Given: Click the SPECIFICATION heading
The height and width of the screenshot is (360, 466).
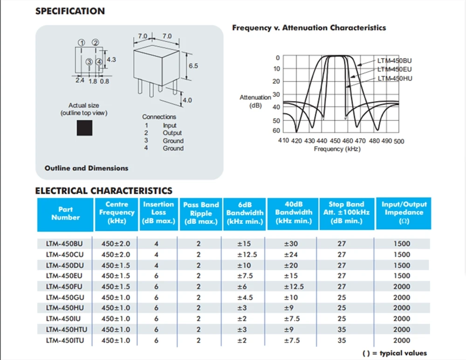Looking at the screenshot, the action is pos(70,11).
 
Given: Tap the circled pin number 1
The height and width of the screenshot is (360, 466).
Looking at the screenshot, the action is pos(82,42).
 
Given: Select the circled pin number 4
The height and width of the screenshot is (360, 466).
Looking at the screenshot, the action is pos(99,62).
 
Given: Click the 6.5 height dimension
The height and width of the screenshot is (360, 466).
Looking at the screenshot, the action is pos(193,66).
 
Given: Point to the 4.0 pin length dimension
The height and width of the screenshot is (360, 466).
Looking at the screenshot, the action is pos(187,100).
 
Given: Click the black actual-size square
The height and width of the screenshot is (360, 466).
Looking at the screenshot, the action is pos(84,128).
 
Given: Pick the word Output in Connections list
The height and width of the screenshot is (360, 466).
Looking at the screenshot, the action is pos(172,133).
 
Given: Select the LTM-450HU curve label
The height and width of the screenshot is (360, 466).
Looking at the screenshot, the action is pos(395,78).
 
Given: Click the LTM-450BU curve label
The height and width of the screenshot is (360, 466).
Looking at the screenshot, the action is pos(395,61).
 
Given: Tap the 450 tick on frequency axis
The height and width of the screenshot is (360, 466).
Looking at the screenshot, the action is pos(335,141).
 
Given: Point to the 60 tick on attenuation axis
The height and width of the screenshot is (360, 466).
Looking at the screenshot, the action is pos(276,131).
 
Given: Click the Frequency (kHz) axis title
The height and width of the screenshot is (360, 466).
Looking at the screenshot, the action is pos(337,149).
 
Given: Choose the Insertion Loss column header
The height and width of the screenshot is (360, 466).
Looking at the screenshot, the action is pos(158,213).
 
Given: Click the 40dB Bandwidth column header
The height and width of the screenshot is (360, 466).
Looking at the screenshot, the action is pos(294,213).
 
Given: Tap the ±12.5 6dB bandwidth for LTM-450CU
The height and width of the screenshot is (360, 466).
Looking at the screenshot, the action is pos(247,255).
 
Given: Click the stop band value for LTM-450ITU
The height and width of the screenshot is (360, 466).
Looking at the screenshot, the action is pos(342,340).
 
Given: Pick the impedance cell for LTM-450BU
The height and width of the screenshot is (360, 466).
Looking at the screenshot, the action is pos(402,244).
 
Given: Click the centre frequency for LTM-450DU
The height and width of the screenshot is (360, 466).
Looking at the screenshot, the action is pos(116,265).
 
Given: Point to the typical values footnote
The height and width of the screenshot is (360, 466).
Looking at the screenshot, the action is pos(395,353).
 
